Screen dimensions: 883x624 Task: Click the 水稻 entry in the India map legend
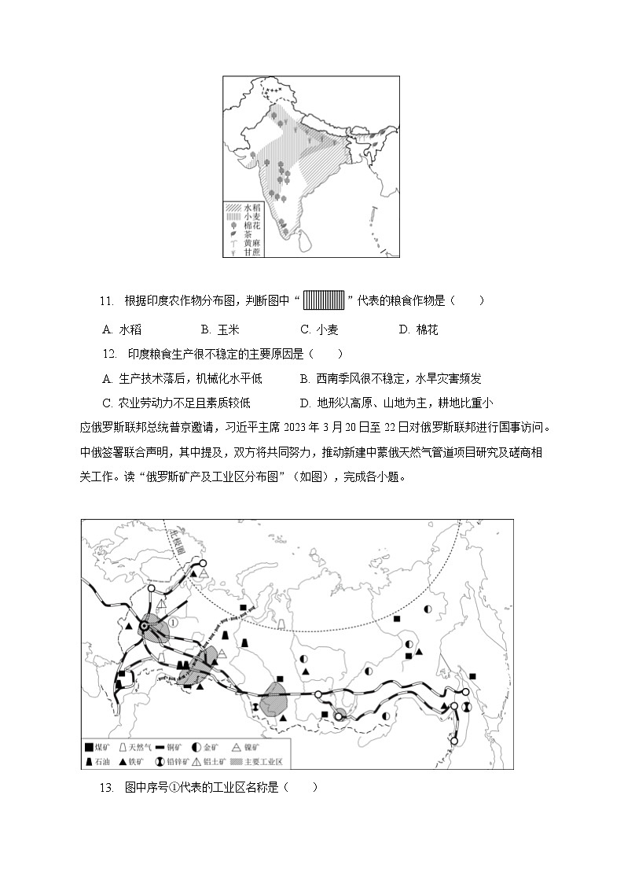pyautogui.click(x=251, y=206)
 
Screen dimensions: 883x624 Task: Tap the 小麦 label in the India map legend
pyautogui.click(x=251, y=215)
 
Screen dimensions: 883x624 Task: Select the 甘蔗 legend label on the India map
pyautogui.click(x=251, y=251)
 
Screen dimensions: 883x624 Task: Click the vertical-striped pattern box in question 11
pyautogui.click(x=324, y=300)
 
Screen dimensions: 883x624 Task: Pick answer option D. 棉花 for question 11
pyautogui.click(x=418, y=329)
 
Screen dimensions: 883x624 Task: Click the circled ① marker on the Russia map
pyautogui.click(x=172, y=621)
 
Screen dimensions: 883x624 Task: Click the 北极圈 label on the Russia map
pyautogui.click(x=177, y=543)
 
